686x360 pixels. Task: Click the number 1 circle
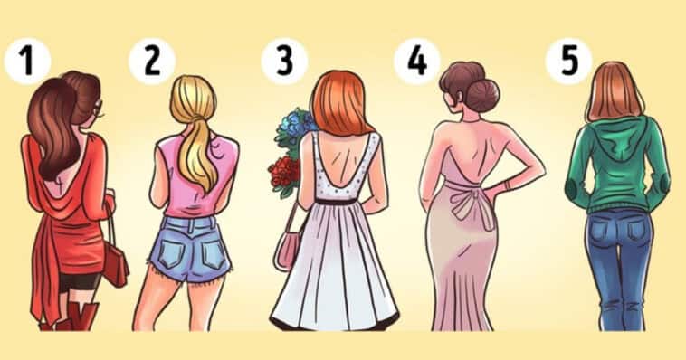coord(27,61)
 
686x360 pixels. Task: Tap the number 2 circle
coord(152,61)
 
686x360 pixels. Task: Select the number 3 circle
coord(284,61)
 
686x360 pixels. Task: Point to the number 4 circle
coord(417,61)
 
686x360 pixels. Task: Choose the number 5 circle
coord(568,61)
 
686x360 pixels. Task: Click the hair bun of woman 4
coord(482,93)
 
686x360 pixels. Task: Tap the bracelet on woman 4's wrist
coord(508,185)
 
